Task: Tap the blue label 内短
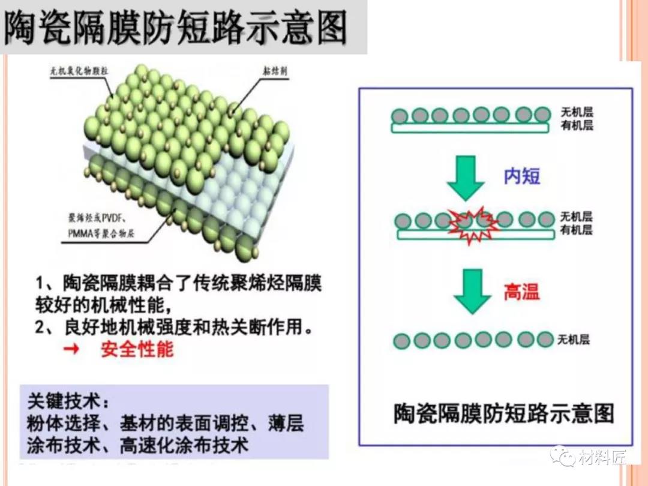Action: point(521,176)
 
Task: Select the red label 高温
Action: point(521,292)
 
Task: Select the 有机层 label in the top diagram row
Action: point(577,126)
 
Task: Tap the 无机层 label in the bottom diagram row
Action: point(574,340)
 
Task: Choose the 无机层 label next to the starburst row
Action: point(577,217)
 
